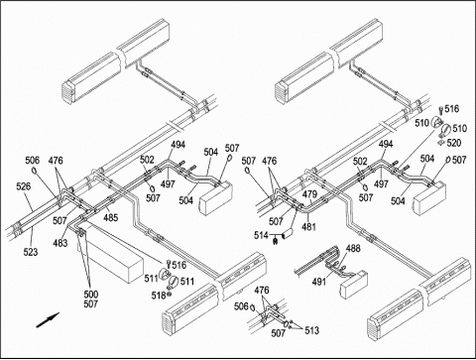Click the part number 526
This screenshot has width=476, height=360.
pyautogui.click(x=24, y=186)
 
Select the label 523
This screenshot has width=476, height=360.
pyautogui.click(x=31, y=252)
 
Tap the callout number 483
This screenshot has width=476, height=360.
pyautogui.click(x=60, y=243)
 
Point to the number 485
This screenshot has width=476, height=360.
pyautogui.click(x=110, y=217)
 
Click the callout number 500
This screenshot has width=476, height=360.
pyautogui.click(x=91, y=295)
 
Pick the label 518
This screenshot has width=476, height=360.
pyautogui.click(x=159, y=296)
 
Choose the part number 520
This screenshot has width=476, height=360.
pyautogui.click(x=454, y=143)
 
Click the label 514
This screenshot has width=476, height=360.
pyautogui.click(x=261, y=235)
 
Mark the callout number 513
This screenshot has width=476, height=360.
pyautogui.click(x=312, y=330)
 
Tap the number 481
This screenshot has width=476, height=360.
pyautogui.click(x=308, y=227)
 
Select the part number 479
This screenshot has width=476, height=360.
pyautogui.click(x=309, y=194)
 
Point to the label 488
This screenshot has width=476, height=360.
pyautogui.click(x=353, y=248)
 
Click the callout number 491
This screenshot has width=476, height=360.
pyautogui.click(x=319, y=282)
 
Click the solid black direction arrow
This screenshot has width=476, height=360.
pyautogui.click(x=48, y=320)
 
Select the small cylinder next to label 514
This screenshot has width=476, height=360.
pyautogui.click(x=289, y=234)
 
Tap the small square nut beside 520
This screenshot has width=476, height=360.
pyautogui.click(x=440, y=143)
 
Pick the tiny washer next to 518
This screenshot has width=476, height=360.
pyautogui.click(x=169, y=294)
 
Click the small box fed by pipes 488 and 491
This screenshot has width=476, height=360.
pyautogui.click(x=354, y=285)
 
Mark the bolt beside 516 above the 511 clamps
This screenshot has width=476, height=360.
pyautogui.click(x=169, y=264)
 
